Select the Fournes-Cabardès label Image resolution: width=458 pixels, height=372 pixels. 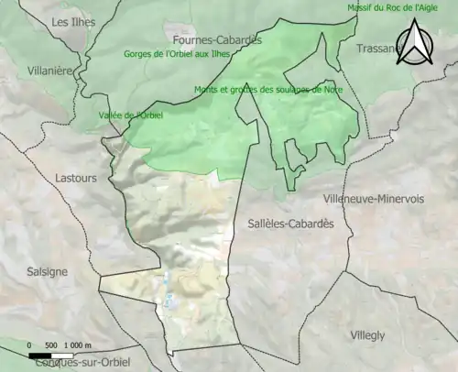coord(217,39)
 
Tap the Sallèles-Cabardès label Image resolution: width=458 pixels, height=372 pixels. coord(290,224)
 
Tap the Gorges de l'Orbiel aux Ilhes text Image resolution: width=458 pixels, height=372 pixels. coord(179,54)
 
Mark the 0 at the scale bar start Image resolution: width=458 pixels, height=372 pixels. coord(30,345)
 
